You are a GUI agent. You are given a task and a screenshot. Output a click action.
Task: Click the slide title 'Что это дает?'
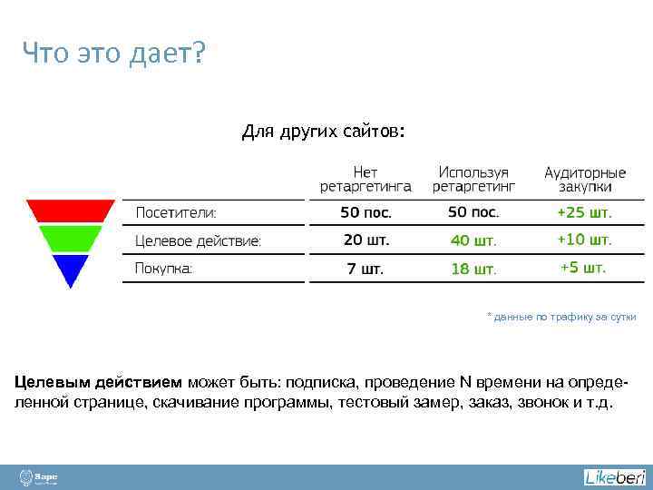click(114, 54)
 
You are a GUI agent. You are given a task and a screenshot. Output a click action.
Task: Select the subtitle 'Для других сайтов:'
click(324, 132)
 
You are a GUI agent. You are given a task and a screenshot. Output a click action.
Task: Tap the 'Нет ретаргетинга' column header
click(365, 179)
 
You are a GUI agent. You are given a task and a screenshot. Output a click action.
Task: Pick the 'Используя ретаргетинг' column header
click(473, 179)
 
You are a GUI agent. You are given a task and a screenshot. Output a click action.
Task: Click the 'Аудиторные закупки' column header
click(585, 179)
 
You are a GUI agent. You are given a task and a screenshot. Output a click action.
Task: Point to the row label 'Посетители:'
click(176, 213)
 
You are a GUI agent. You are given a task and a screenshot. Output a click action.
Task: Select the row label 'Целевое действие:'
click(198, 241)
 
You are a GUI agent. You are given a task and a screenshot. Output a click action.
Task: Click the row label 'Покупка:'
click(164, 269)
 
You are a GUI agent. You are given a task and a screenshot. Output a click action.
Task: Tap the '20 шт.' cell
click(365, 240)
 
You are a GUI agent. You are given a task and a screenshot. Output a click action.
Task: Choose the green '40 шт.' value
click(473, 241)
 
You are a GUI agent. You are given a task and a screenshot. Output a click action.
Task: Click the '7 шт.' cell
click(365, 269)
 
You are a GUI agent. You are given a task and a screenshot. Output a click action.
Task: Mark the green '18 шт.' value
click(473, 269)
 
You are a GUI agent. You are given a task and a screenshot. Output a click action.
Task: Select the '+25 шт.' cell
click(585, 213)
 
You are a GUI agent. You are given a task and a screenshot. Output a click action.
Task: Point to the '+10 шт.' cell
click(585, 240)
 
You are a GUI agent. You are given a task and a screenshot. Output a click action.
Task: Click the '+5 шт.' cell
click(583, 268)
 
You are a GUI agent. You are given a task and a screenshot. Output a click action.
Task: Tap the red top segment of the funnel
click(71, 211)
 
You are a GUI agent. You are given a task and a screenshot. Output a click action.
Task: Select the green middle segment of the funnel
click(71, 239)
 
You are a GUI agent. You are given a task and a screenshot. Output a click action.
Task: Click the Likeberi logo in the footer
click(614, 477)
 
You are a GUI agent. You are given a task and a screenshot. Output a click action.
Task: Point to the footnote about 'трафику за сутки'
click(561, 317)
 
